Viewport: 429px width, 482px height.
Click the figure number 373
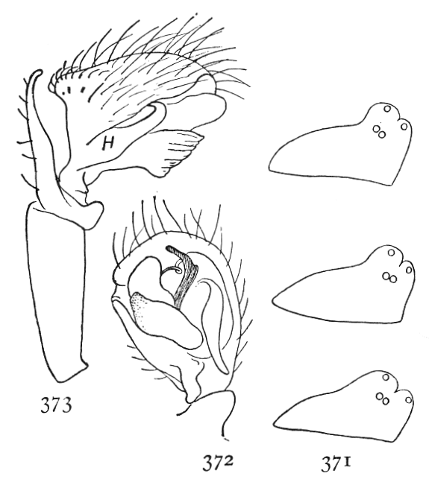56,405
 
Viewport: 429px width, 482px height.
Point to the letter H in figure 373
108,144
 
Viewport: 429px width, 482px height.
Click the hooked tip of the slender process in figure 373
37,72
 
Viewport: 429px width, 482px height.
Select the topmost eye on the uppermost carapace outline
387,109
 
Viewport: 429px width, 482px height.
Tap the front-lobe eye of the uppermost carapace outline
404,127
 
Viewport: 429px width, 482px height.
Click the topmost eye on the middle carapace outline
391,253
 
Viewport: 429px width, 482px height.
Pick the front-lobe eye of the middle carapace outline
409,270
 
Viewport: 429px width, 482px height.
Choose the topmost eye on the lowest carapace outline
386,377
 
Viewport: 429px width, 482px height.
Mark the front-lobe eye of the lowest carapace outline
408,400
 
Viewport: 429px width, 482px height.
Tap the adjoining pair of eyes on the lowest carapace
383,399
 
